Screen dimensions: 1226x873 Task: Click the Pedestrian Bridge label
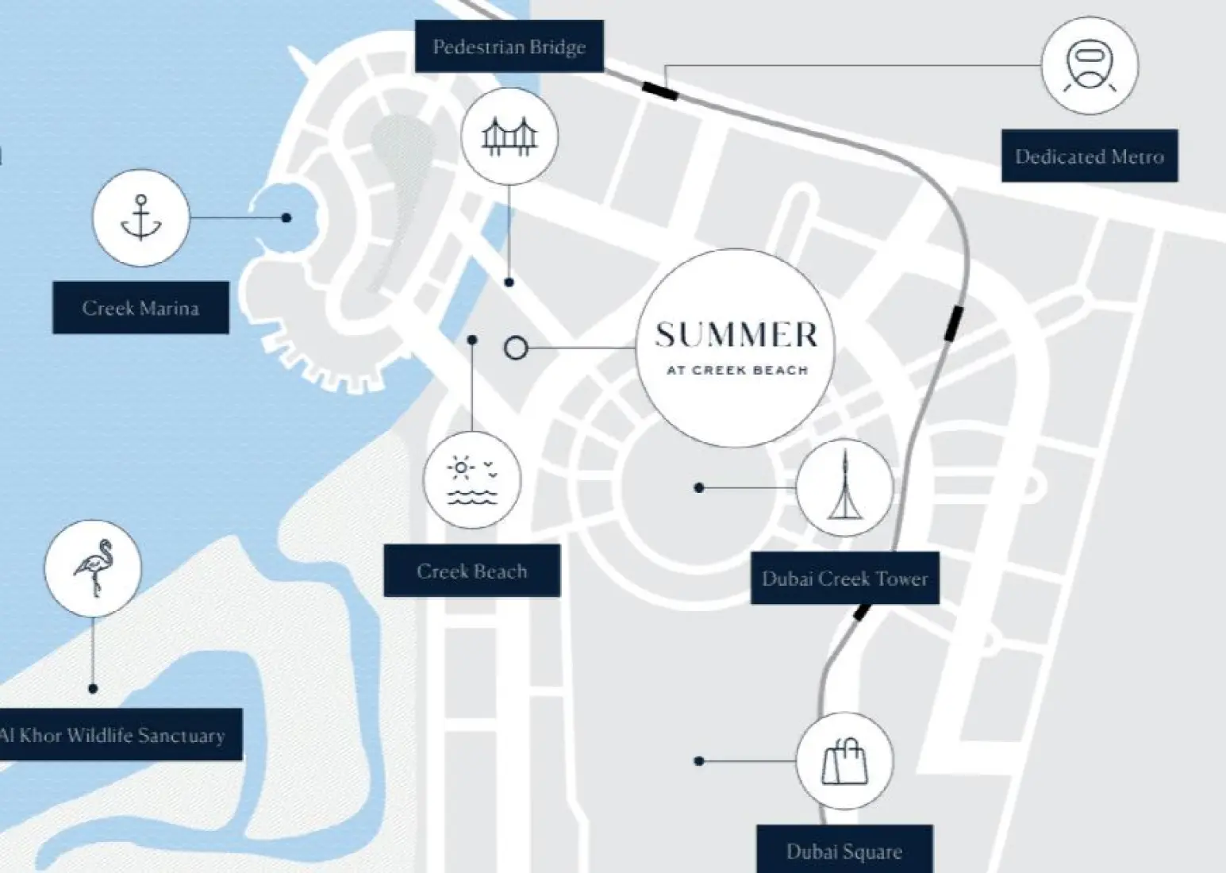coord(509,47)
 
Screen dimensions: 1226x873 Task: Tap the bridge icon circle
coord(509,137)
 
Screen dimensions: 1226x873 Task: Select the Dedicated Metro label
coord(1090,156)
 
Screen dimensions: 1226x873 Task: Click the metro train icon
coord(1090,64)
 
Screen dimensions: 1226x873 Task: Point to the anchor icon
coord(141,217)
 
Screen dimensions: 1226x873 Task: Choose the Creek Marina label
coord(140,308)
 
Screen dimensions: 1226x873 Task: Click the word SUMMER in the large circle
coord(736,334)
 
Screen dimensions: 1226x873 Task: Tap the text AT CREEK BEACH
coord(737,371)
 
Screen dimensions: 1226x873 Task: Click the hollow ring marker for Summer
coord(516,348)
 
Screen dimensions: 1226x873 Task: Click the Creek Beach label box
coord(472,571)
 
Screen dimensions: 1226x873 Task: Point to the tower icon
coord(844,484)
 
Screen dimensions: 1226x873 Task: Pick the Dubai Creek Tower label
coord(844,578)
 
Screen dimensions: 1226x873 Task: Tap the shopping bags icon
coord(844,761)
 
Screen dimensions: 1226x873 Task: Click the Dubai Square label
coord(844,851)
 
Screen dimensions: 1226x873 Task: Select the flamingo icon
coord(93,567)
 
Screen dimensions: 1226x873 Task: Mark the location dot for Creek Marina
coord(286,217)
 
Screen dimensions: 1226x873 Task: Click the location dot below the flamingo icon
coord(93,689)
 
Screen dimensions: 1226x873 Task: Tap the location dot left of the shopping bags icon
coord(699,761)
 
